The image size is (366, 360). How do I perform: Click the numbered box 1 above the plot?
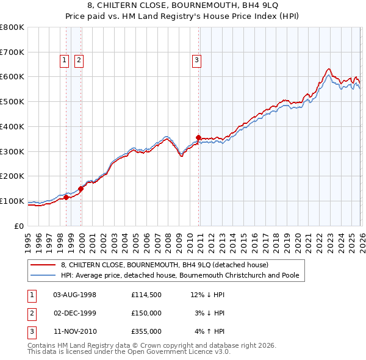pos(64,60)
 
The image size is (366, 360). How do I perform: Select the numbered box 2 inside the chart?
pos(79,60)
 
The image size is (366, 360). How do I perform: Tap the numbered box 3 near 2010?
pos(196,60)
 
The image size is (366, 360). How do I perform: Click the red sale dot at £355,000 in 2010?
pos(198,137)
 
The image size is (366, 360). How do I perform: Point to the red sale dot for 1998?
pos(66,197)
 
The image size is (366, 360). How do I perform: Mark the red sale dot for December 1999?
pos(81,189)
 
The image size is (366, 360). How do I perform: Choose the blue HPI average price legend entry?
pos(179,275)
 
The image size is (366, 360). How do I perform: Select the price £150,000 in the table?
pos(146,313)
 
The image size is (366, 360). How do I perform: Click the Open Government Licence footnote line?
pos(129,352)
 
